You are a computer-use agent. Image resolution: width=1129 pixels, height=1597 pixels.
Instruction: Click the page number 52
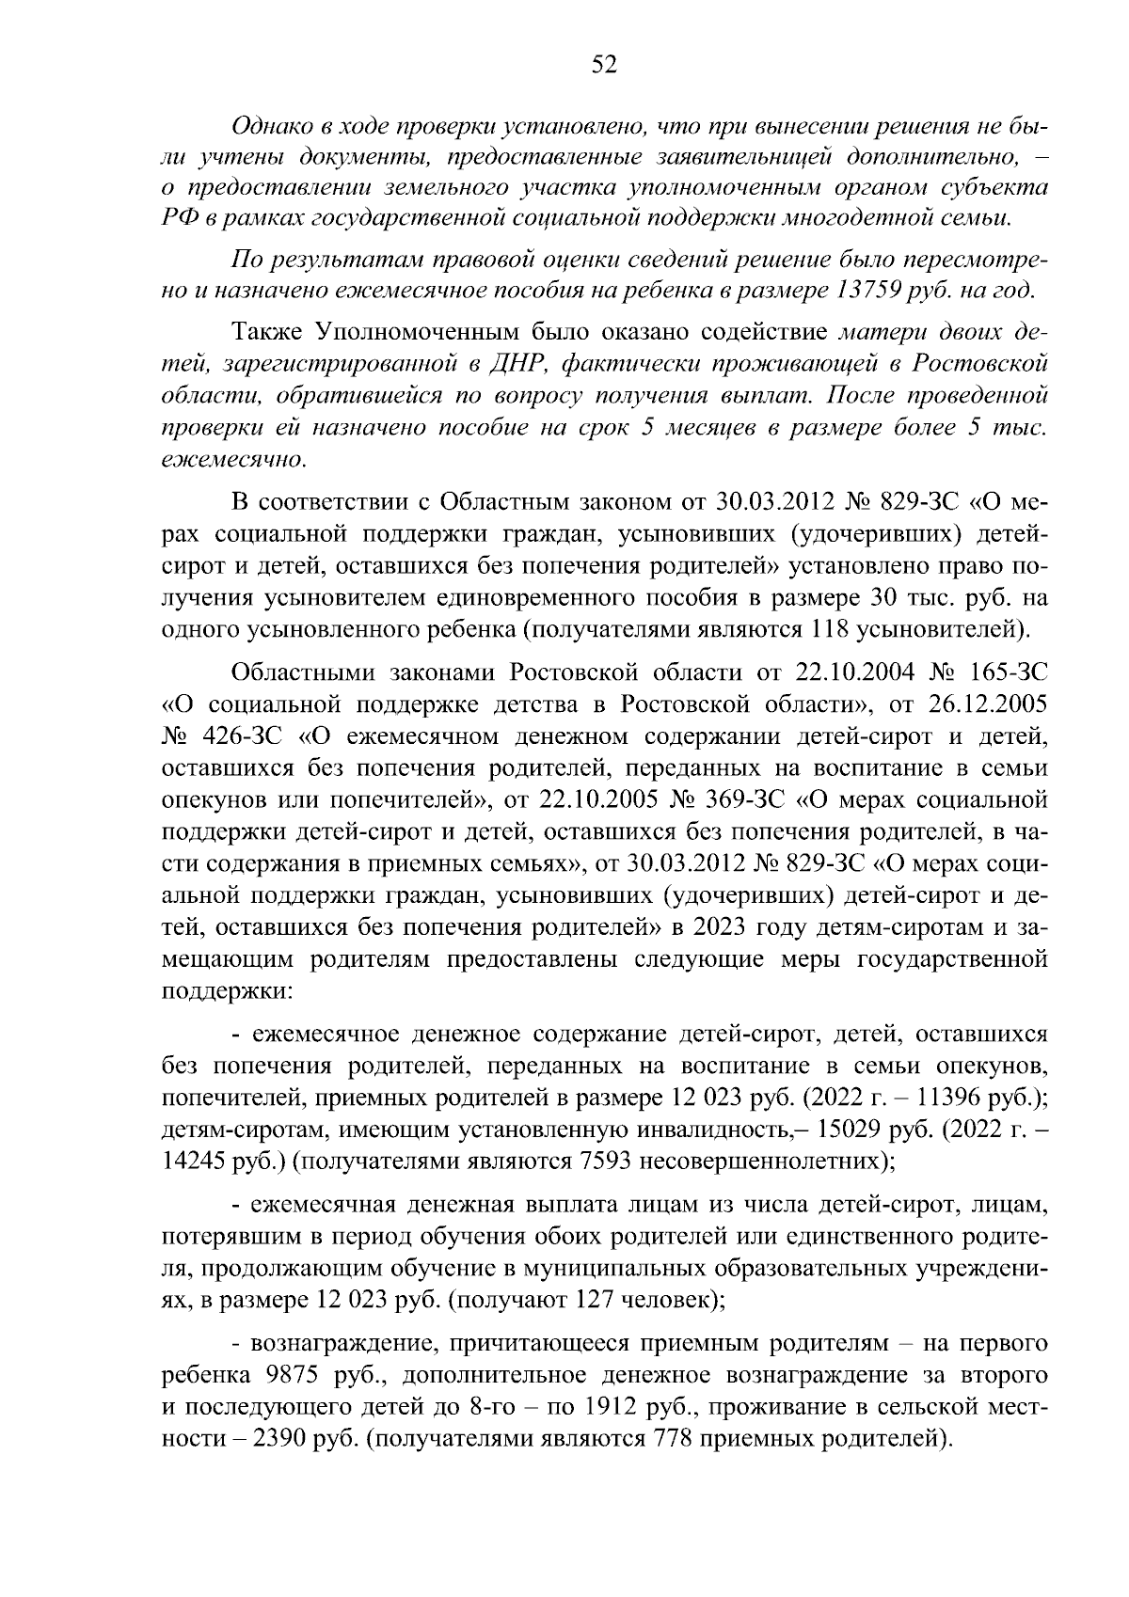(x=604, y=65)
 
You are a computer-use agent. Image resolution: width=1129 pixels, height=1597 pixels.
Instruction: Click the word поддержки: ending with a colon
(x=228, y=990)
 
